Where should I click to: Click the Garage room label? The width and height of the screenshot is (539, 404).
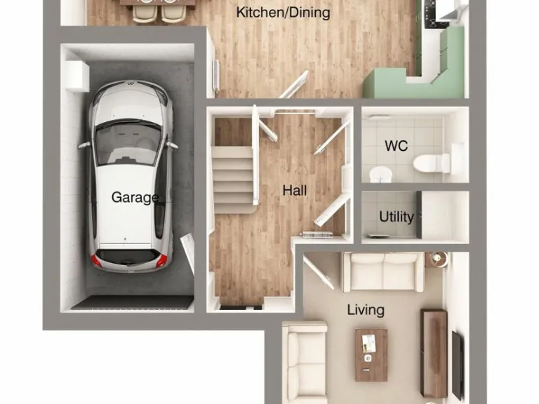pos(135,198)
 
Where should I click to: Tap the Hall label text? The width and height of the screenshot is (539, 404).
pos(295,190)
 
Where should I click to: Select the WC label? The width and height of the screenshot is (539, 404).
pos(397,147)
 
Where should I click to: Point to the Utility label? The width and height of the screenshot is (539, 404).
pos(397,217)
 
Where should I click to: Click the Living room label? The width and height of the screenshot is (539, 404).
pos(366,309)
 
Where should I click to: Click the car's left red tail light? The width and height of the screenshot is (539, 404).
pos(97,261)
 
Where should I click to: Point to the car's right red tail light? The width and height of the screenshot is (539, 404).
pos(162,261)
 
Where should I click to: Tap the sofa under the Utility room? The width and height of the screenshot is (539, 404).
pos(382,271)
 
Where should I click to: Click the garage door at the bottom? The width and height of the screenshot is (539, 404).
pos(132,302)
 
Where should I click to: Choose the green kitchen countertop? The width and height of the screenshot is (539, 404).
pos(407,83)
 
